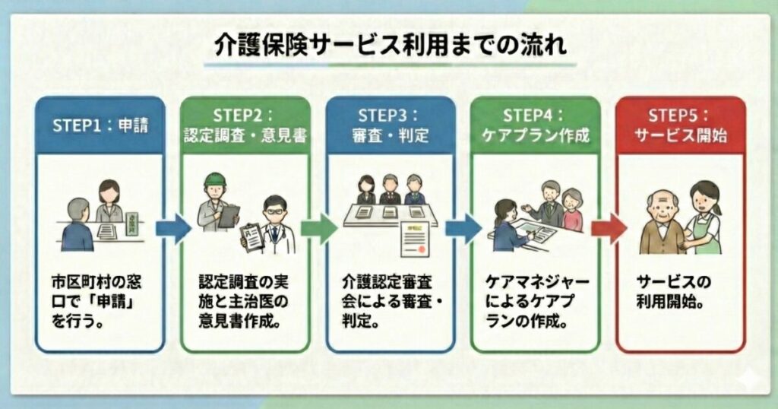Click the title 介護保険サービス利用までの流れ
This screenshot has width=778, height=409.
(388, 46)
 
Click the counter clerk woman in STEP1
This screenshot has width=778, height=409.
(109, 201)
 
